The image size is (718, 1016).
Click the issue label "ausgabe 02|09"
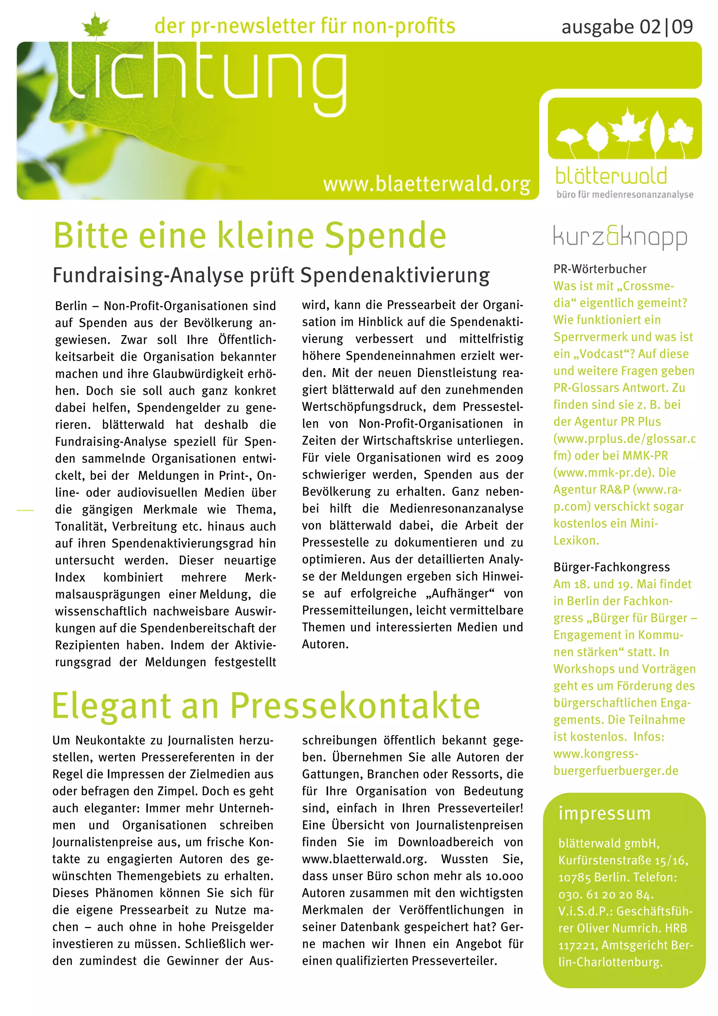627,27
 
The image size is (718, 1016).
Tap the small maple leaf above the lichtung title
96,25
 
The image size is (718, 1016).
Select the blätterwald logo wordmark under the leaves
611,176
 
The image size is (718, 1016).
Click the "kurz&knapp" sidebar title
620,238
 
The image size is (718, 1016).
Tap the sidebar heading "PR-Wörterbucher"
600,269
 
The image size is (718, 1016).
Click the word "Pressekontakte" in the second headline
355,705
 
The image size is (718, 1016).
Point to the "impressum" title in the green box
604,813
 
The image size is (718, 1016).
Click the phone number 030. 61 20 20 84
605,895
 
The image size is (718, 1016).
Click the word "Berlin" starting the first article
71,306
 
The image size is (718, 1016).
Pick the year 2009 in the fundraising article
509,458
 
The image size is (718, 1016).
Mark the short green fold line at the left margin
25,510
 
